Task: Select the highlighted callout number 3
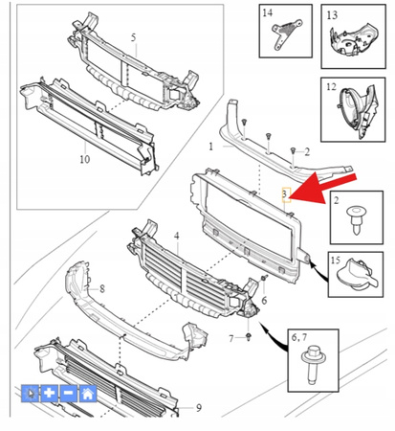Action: pos(286,193)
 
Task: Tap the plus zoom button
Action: pos(49,393)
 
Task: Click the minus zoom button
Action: pos(68,393)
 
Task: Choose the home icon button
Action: pos(88,393)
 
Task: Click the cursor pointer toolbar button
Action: pos(30,393)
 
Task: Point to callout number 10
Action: pos(84,159)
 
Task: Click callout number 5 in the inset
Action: pos(133,37)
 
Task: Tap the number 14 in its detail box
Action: pos(267,12)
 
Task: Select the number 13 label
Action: pos(332,14)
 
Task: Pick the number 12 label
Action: pos(331,86)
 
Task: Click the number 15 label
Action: pos(336,261)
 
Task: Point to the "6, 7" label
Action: pos(298,337)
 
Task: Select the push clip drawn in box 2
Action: pos(357,219)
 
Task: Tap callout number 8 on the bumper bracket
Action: pos(102,289)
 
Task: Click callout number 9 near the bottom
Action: pos(199,408)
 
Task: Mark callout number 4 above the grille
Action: pos(177,237)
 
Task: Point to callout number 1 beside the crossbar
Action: pos(210,147)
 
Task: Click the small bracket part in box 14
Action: pos(286,34)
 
